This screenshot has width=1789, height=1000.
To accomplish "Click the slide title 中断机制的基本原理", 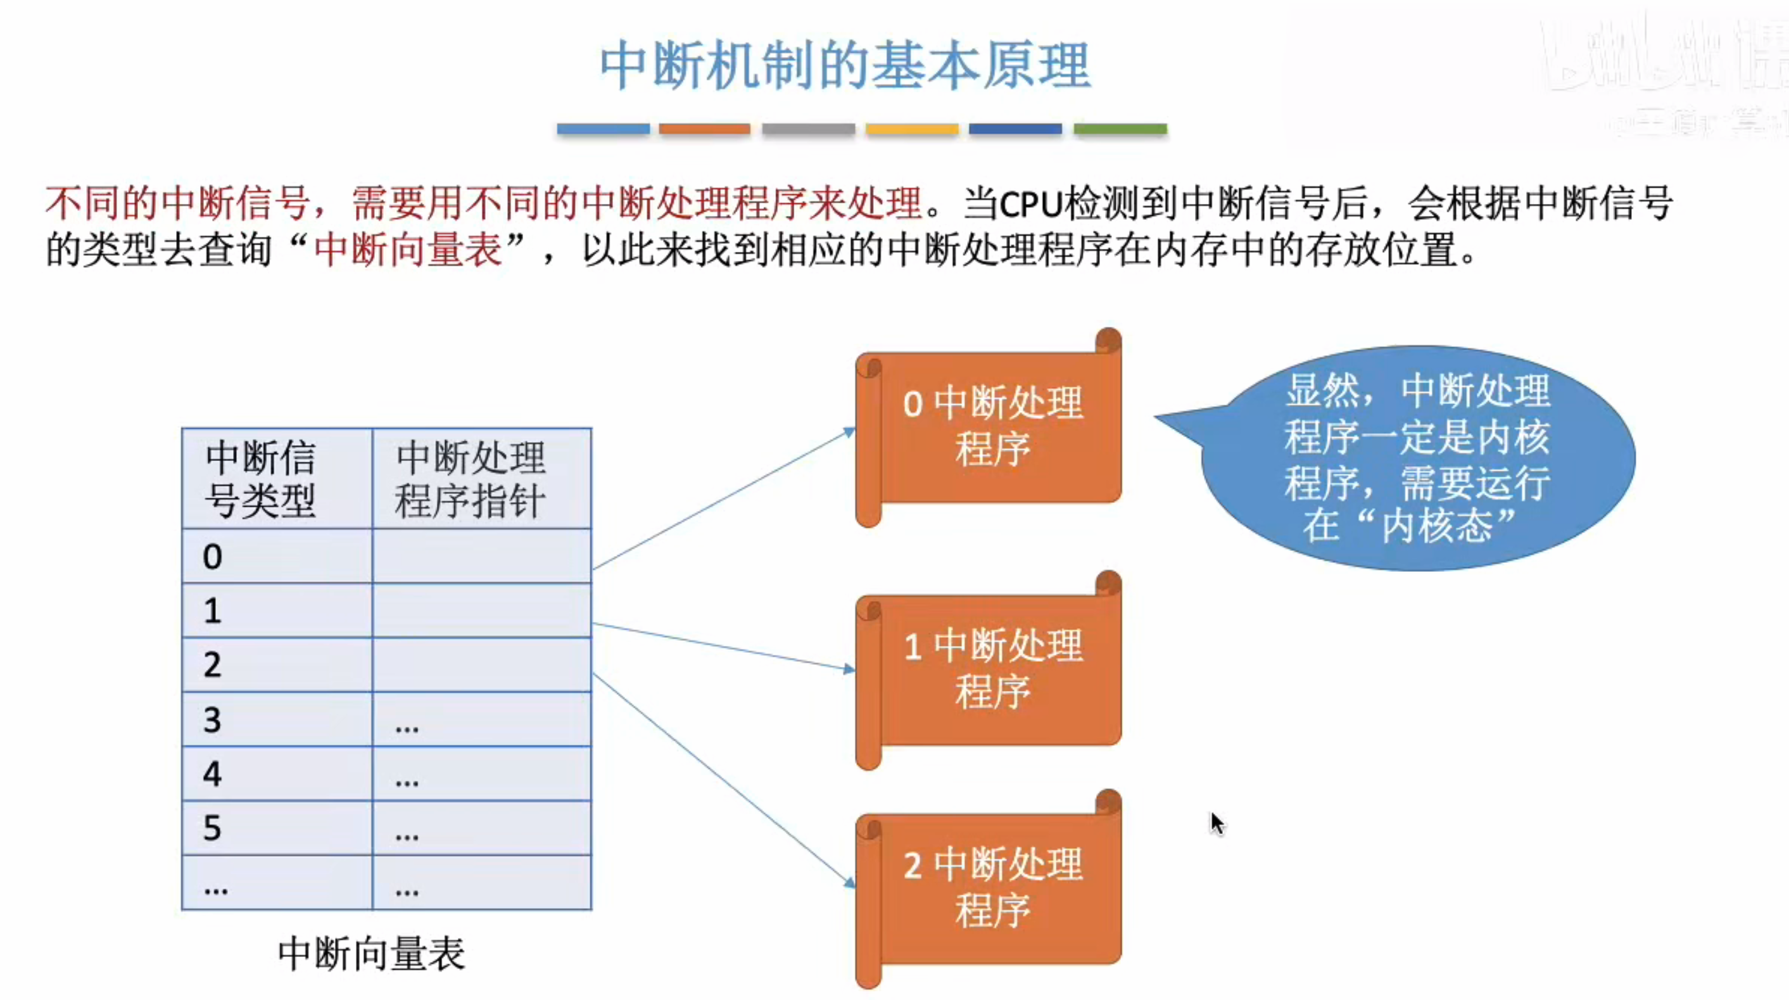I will (x=845, y=66).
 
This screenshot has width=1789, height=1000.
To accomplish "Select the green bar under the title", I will (x=1120, y=129).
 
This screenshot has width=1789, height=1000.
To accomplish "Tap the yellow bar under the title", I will (x=912, y=129).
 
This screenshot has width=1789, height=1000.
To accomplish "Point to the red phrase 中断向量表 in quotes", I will (x=408, y=250).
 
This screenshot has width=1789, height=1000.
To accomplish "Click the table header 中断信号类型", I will (x=261, y=479).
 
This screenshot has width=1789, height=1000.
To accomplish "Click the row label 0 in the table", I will (x=213, y=556).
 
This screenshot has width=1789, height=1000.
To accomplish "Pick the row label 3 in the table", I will (x=213, y=719).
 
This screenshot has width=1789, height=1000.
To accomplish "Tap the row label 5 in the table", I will (x=213, y=828).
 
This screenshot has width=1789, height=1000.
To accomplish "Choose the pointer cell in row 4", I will (x=481, y=774).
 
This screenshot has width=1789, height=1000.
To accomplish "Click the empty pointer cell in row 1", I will (x=481, y=611).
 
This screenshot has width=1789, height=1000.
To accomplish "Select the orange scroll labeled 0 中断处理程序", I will (x=990, y=427).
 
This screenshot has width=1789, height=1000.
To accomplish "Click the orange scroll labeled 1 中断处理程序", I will (x=990, y=670).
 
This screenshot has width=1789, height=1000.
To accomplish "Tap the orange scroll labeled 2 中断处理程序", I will (x=990, y=889).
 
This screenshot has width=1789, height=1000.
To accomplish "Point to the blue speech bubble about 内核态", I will (x=1417, y=459).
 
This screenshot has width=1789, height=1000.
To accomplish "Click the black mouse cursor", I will (x=1217, y=823).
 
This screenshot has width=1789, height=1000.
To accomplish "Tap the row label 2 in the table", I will (x=213, y=664).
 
